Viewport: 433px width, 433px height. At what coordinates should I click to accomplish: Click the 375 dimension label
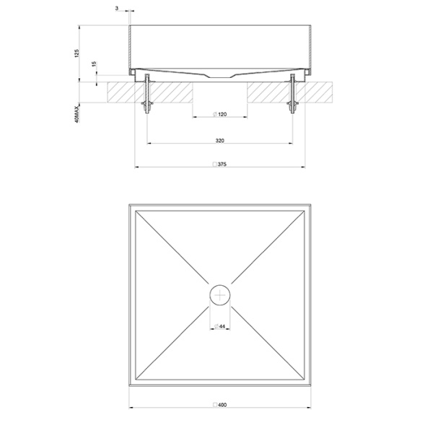coord(223,164)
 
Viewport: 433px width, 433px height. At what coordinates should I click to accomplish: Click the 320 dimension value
coord(220,139)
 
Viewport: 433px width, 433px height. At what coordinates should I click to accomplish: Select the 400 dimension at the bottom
coord(222,404)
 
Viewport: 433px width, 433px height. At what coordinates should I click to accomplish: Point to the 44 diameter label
coord(222,327)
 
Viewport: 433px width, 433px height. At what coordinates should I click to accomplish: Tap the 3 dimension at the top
coord(117,9)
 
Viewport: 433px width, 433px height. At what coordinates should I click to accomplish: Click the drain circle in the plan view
coord(221,294)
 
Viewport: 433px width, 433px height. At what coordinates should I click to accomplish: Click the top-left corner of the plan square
coord(129,204)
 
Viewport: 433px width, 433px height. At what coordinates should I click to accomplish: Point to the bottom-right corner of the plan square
coord(312,385)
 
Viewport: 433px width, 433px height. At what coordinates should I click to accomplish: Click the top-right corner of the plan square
coord(312,204)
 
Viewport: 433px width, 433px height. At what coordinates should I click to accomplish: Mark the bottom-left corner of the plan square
coord(129,385)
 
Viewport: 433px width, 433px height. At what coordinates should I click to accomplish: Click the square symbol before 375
coord(214,164)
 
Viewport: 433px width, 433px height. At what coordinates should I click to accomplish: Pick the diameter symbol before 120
coord(215,115)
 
